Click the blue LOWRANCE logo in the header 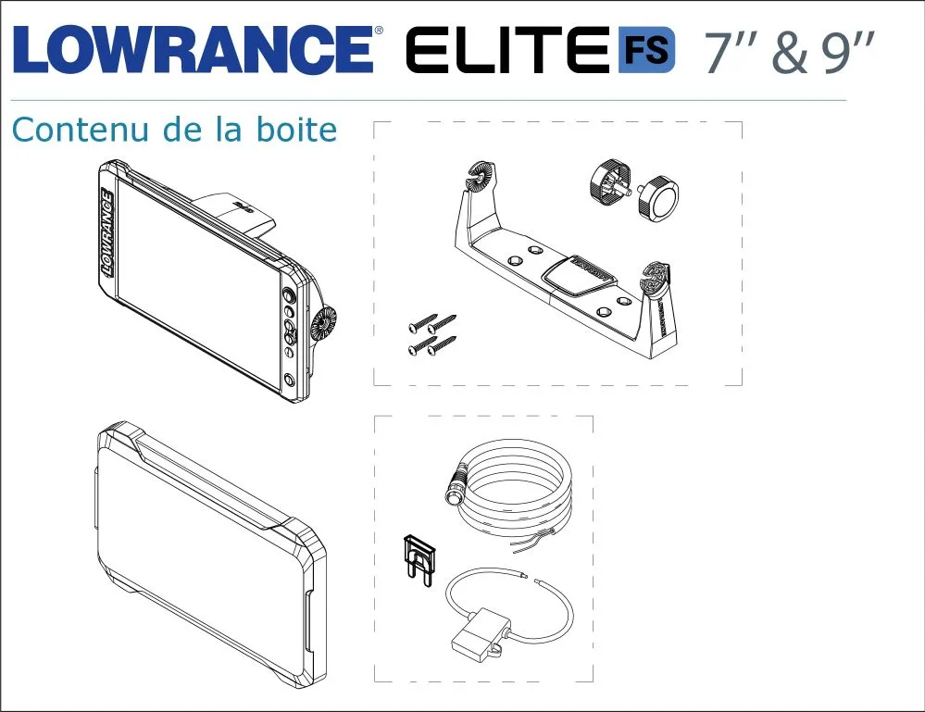[x=193, y=50]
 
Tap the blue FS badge [x=646, y=50]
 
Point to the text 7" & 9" [x=789, y=53]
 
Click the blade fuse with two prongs [x=419, y=560]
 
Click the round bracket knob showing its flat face [x=658, y=197]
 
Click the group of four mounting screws [x=432, y=335]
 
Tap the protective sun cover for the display [x=211, y=555]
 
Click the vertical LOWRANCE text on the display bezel [x=107, y=232]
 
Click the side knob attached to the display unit [x=323, y=324]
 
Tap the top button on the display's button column [x=289, y=295]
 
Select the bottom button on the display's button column [x=290, y=380]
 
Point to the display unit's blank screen [x=198, y=284]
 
